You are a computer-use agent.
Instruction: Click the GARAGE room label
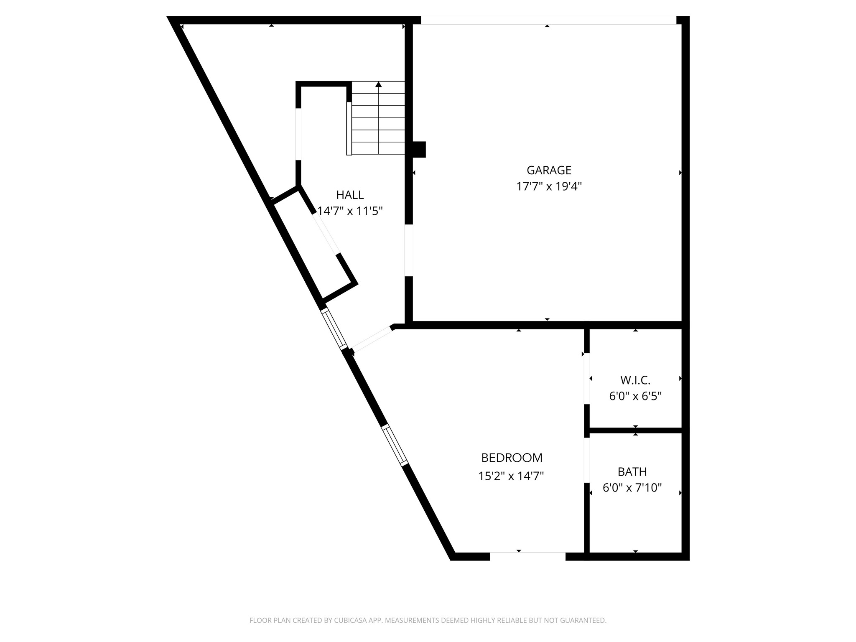click(x=549, y=170)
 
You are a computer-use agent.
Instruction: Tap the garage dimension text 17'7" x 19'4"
click(x=549, y=186)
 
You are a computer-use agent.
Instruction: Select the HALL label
click(x=350, y=195)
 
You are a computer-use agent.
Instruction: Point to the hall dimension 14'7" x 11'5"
click(x=350, y=211)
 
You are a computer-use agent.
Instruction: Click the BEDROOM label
click(x=512, y=458)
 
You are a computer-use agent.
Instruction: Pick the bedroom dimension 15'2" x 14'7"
click(x=511, y=476)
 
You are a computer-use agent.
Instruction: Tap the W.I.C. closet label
click(x=635, y=380)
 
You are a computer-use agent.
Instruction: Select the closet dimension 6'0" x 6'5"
click(x=635, y=396)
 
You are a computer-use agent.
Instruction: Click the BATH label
click(x=632, y=472)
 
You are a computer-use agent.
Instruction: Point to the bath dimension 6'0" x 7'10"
click(x=632, y=488)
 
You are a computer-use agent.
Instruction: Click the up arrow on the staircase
click(x=379, y=85)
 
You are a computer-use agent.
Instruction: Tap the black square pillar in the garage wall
click(x=419, y=150)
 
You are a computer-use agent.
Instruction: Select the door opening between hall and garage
click(x=409, y=251)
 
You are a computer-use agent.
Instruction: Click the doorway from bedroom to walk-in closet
click(x=586, y=379)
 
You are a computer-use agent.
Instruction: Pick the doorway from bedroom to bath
click(x=586, y=460)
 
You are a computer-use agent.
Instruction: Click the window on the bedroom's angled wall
click(x=395, y=445)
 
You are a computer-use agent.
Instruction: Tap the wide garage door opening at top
click(x=548, y=20)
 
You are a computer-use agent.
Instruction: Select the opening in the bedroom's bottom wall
click(x=527, y=556)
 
